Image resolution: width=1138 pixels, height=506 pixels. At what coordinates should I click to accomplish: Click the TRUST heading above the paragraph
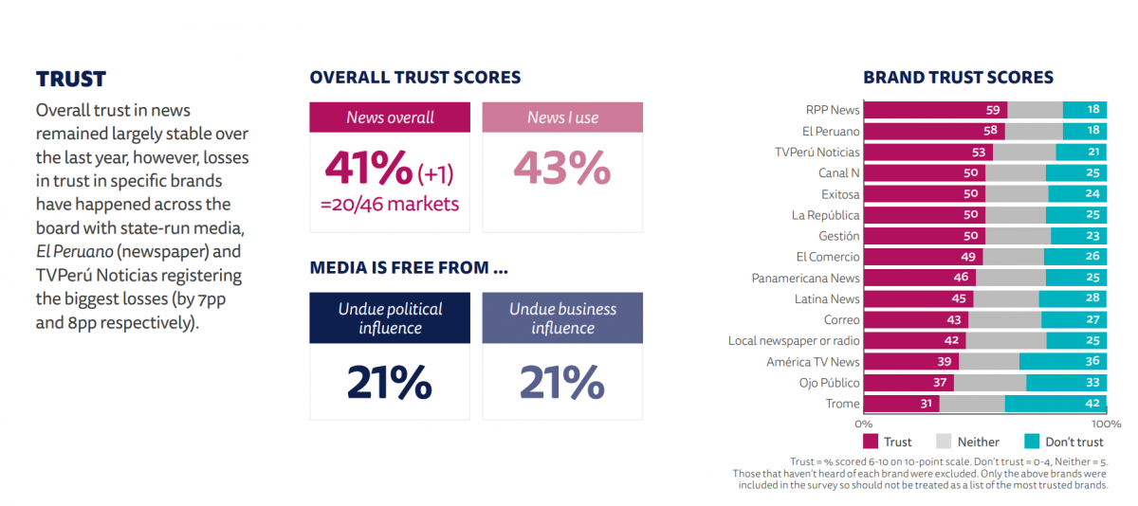click(x=71, y=79)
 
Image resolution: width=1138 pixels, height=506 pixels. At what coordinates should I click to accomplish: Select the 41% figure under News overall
click(x=368, y=169)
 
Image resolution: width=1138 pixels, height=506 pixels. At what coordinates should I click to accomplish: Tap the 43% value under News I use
click(x=561, y=169)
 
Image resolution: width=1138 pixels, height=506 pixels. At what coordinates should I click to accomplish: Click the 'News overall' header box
click(x=390, y=117)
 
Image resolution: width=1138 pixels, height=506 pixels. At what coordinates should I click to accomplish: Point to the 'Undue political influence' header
click(x=390, y=318)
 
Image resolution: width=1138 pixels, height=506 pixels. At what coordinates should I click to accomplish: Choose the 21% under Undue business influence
click(x=561, y=383)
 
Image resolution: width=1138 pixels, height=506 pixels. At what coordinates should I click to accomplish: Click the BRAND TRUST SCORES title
click(x=958, y=78)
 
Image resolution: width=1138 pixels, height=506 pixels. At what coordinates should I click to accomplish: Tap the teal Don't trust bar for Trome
click(x=1055, y=404)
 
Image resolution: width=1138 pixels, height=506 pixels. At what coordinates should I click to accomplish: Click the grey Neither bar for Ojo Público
click(x=989, y=383)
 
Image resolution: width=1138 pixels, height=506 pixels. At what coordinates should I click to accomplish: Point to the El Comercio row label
click(x=828, y=257)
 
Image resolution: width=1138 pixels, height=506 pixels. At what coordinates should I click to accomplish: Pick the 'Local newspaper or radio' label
click(x=794, y=340)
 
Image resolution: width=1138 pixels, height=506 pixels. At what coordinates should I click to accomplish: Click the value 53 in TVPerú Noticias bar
click(x=979, y=153)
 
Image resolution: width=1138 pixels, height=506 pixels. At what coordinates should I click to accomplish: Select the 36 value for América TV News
click(x=1092, y=362)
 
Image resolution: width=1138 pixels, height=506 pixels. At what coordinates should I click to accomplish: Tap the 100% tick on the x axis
click(x=1099, y=424)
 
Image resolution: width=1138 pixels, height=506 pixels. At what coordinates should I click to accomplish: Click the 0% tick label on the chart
click(x=864, y=424)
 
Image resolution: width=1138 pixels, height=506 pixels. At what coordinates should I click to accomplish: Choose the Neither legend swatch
click(x=944, y=442)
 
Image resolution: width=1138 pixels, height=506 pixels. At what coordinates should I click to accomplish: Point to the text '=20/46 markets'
click(x=391, y=204)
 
